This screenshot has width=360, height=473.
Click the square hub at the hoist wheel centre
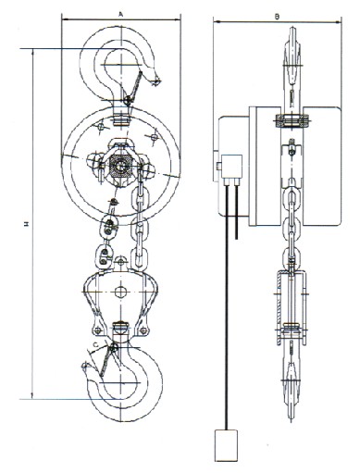[x=119, y=165]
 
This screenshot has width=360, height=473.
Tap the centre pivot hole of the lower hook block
[x=119, y=293]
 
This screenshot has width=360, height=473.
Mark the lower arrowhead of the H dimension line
[x=34, y=394]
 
